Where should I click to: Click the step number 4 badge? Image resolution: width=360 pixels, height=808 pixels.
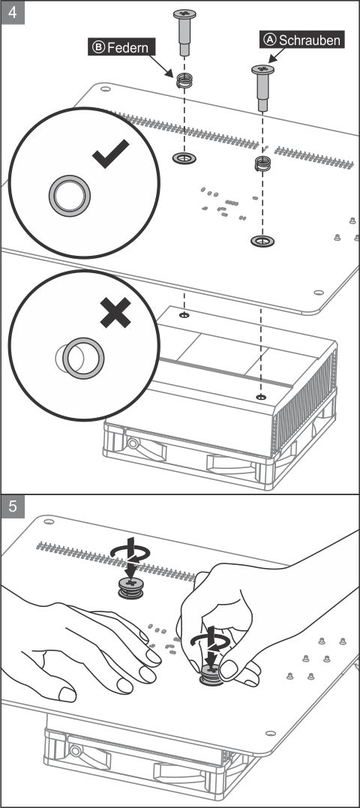click(x=13, y=13)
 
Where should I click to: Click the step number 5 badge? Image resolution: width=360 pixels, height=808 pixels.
click(x=13, y=506)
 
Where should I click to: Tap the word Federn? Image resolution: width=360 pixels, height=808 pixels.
click(x=127, y=47)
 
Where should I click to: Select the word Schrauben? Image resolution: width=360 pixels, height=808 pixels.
click(x=310, y=39)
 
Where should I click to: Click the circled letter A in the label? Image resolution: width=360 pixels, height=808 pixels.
click(x=271, y=39)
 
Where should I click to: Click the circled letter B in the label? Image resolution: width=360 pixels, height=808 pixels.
click(x=98, y=47)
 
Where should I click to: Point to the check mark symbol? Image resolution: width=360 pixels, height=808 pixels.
click(x=111, y=154)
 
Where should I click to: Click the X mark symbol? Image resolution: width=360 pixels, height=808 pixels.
click(x=115, y=312)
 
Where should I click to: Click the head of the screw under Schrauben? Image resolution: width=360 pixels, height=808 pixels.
click(x=262, y=70)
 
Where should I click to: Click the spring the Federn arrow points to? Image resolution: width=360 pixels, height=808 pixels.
click(x=184, y=80)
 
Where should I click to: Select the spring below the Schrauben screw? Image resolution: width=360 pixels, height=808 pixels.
click(x=263, y=164)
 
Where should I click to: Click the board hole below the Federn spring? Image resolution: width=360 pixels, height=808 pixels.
click(x=184, y=158)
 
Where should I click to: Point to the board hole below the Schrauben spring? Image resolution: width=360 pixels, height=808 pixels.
click(x=262, y=240)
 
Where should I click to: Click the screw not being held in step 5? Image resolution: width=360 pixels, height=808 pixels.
click(x=131, y=588)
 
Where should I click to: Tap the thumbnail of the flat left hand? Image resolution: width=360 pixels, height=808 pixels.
click(x=67, y=694)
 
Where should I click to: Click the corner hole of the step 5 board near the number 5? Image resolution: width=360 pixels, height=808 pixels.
click(x=49, y=521)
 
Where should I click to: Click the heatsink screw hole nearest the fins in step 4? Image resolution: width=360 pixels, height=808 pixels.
click(x=261, y=397)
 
